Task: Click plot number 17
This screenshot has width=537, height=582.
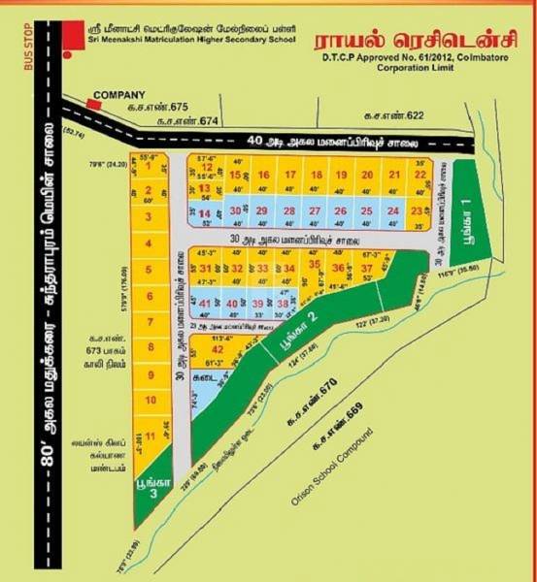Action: pyautogui.click(x=289, y=175)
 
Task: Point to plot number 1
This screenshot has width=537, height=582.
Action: pyautogui.click(x=149, y=167)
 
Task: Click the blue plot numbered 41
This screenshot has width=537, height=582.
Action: pyautogui.click(x=205, y=304)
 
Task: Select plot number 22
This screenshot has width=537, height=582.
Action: pyautogui.click(x=420, y=174)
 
